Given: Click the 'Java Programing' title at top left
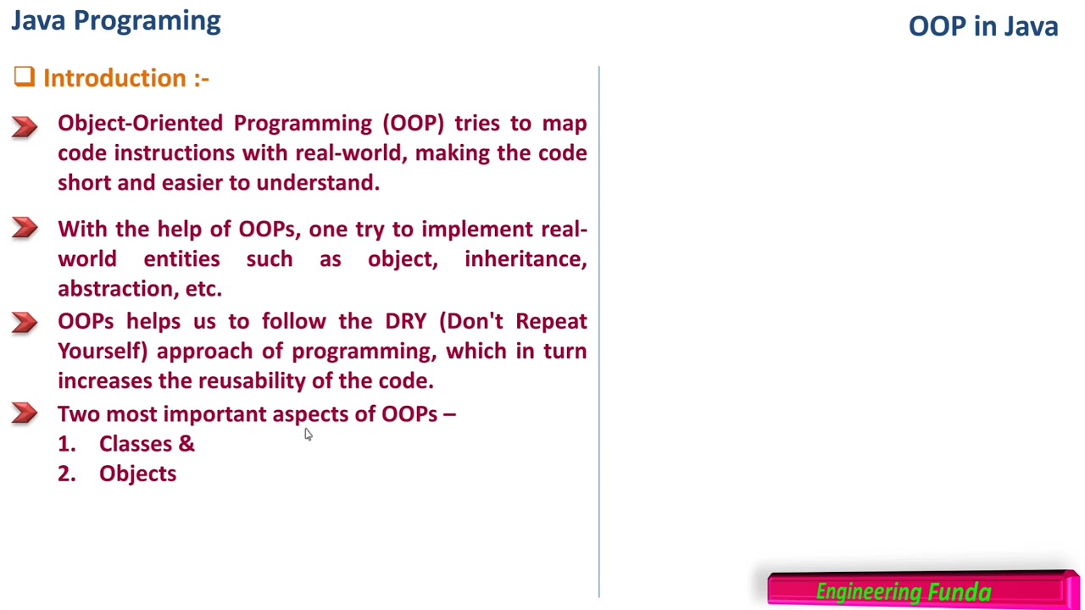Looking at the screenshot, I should pos(115,21).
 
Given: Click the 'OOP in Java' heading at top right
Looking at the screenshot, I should pos(982,26).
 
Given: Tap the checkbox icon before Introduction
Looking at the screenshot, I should pos(24,78).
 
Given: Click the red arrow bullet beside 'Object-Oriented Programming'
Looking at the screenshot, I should pos(25,126).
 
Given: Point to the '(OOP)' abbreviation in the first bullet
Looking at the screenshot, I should pos(413,124).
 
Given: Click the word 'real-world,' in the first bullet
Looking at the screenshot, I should pos(351,153).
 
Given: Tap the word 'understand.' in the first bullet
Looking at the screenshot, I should pos(318,183).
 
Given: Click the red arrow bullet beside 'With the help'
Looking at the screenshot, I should pos(25,229).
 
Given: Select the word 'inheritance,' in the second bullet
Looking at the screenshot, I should pos(525,259).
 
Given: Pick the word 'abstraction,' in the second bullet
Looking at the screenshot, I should pos(118,289).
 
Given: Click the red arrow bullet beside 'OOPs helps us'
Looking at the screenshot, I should pos(25,322).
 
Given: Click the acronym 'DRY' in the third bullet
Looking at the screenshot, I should pos(405,322).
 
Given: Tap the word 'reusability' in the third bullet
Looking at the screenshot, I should pos(251,381).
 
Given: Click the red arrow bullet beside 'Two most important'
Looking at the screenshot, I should pos(25,413).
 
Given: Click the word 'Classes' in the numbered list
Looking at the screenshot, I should pos(135,444).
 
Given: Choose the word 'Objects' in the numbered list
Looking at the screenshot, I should pos(137,474).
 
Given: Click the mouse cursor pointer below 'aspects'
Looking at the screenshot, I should pos(308,435).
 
